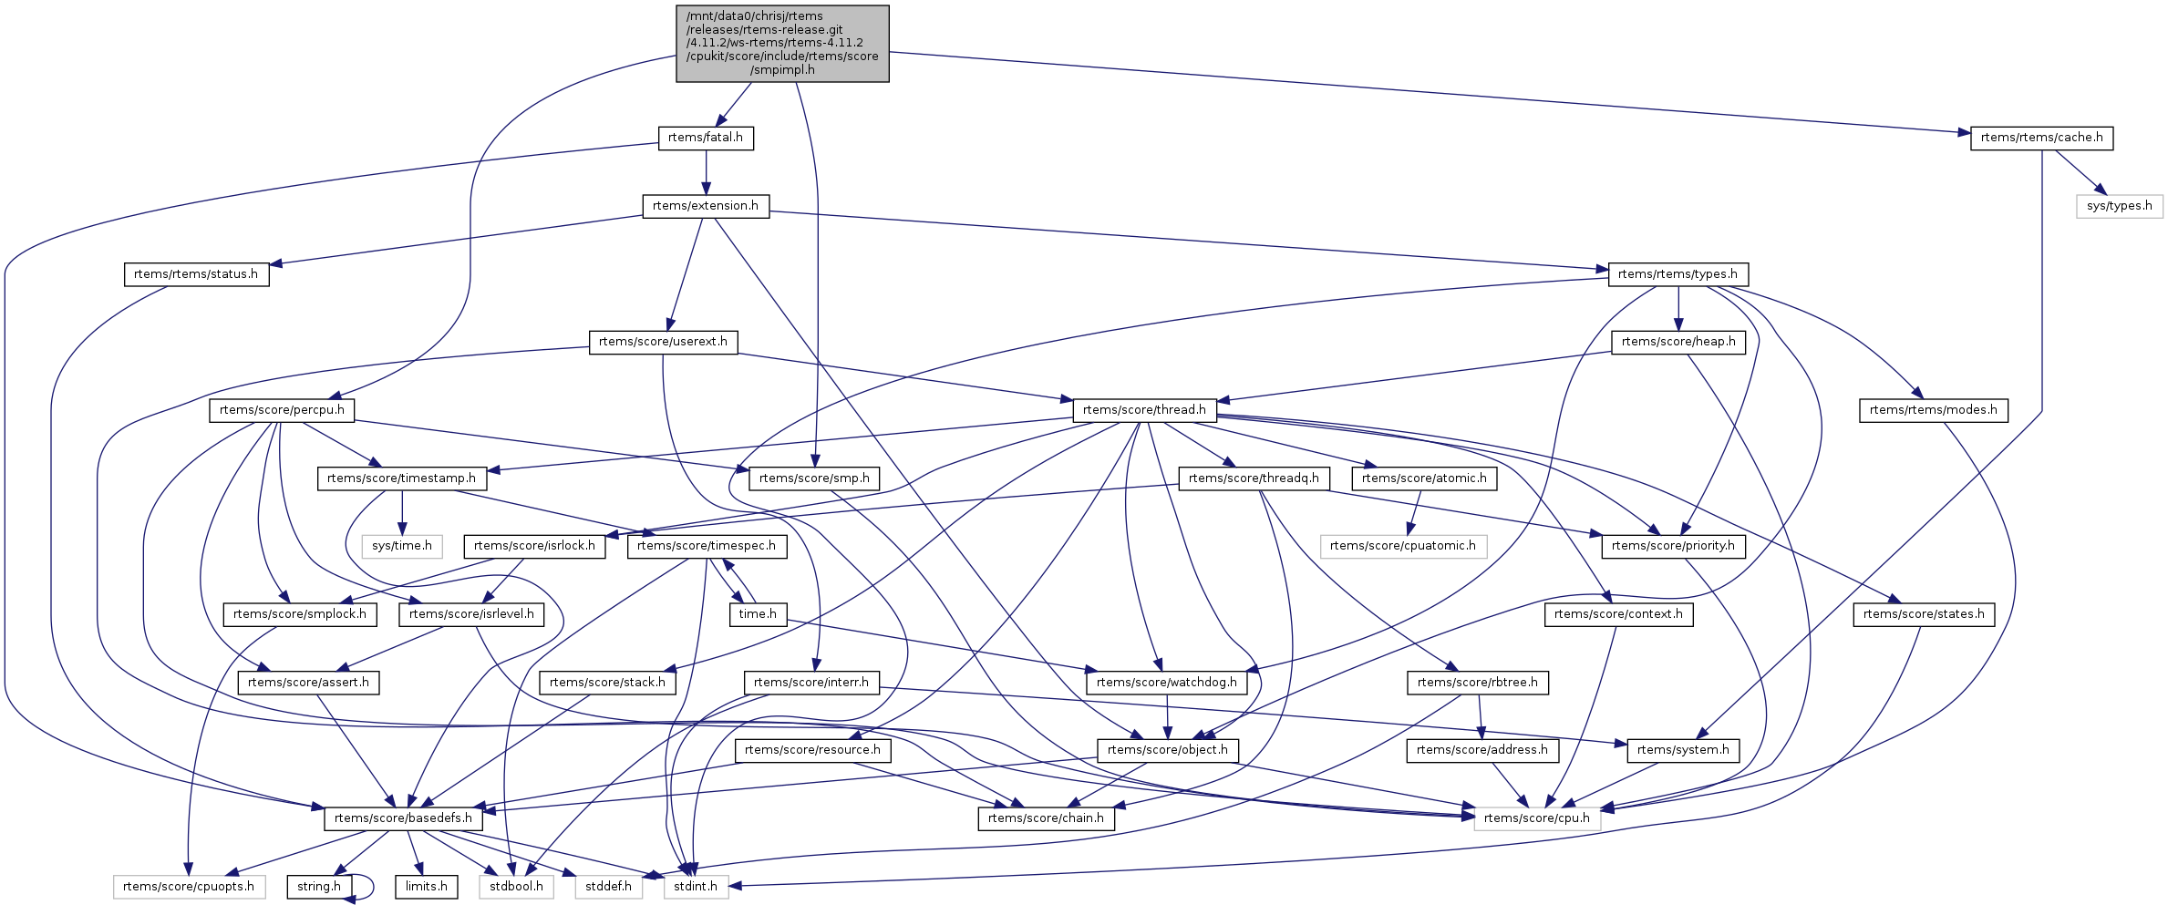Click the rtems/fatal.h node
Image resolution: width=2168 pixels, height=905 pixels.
point(706,138)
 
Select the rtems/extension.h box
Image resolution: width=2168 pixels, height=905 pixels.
point(706,206)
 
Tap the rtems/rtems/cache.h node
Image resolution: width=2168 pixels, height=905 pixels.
point(2041,138)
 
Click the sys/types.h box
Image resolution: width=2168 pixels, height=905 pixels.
point(2120,206)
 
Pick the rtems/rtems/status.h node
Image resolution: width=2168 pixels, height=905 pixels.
point(196,274)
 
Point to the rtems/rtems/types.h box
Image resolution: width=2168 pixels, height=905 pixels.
point(1678,274)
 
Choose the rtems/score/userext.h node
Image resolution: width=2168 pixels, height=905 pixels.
point(663,342)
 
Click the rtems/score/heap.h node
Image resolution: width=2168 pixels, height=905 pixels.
point(1678,342)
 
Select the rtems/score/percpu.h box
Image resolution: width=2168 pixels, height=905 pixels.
point(282,410)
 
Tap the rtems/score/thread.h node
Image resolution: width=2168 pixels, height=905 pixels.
point(1144,410)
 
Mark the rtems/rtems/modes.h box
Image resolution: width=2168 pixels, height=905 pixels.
point(1933,410)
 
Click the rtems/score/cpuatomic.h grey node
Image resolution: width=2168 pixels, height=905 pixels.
point(1402,546)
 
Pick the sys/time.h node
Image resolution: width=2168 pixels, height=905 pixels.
point(402,546)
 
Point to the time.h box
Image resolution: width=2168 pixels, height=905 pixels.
point(758,614)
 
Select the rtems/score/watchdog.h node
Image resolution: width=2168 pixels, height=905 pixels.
point(1167,683)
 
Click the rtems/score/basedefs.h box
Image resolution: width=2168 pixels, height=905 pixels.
point(403,818)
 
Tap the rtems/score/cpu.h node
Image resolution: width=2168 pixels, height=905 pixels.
point(1536,818)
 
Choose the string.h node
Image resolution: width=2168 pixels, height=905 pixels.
point(319,887)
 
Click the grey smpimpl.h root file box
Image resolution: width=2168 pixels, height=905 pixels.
point(782,43)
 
